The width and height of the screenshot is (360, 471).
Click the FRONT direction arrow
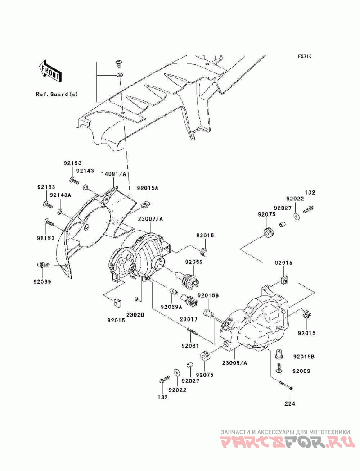[x=50, y=70]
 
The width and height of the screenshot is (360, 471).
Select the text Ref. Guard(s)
[x=57, y=94]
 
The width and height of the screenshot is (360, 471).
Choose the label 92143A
[x=60, y=195]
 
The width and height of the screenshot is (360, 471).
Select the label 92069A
[x=171, y=307]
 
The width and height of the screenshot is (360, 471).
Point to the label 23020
[x=135, y=315]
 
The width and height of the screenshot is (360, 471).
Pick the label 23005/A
[x=234, y=362]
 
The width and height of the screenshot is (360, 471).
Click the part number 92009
[x=301, y=371]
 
